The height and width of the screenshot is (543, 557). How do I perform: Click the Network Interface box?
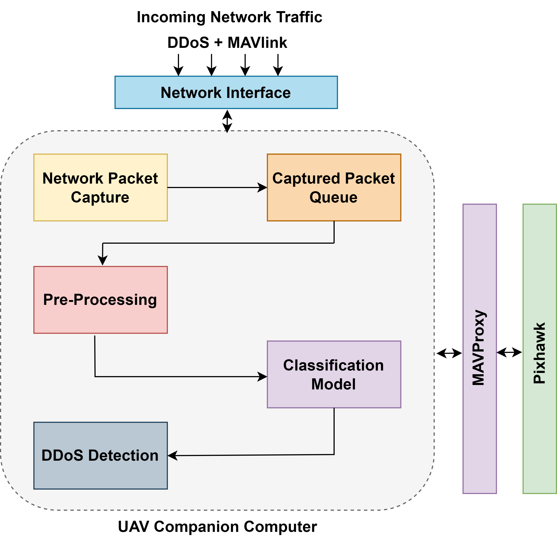[226, 92]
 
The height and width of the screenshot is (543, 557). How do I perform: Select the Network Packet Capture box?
[100, 187]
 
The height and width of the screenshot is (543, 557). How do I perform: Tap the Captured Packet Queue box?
[334, 187]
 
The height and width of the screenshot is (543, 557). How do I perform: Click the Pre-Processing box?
[100, 300]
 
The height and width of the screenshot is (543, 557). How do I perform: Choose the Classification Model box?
[334, 374]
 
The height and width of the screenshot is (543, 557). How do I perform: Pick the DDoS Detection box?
[100, 455]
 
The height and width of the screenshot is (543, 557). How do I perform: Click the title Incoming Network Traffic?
[229, 17]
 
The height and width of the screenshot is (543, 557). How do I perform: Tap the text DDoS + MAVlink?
[227, 43]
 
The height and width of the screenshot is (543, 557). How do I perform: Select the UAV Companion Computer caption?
[217, 526]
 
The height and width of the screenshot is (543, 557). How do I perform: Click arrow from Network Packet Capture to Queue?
[217, 187]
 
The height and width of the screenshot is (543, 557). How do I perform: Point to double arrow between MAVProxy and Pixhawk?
[509, 353]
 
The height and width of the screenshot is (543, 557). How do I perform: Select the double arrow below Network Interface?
[227, 121]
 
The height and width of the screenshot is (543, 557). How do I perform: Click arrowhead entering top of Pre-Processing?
[103, 260]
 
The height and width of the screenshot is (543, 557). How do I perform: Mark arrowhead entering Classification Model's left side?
[262, 376]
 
